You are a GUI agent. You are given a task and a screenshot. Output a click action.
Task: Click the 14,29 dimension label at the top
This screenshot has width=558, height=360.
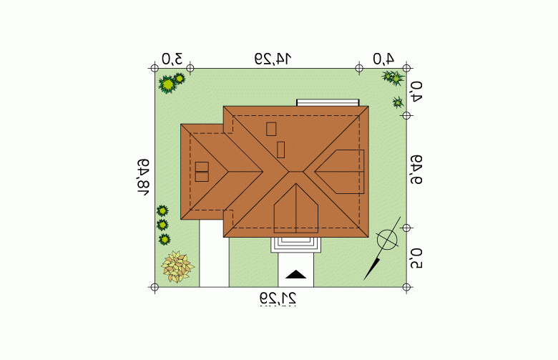coord(273,59)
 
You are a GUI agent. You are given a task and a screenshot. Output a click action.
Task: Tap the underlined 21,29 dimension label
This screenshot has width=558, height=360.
coord(278,298)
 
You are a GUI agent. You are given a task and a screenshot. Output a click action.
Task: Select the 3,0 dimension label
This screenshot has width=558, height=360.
coord(172,59)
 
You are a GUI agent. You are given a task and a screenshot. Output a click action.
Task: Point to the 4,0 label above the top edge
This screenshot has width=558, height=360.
coord(383,59)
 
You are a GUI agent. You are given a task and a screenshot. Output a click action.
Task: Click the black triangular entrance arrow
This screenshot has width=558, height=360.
coord(295,274)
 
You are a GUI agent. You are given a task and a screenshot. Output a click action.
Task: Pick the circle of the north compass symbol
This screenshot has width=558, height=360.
coord(387,240)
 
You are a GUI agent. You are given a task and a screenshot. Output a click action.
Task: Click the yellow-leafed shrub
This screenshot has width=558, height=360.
coord(177,266)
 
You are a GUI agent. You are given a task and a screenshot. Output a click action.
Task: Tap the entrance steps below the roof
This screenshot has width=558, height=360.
coord(295,245)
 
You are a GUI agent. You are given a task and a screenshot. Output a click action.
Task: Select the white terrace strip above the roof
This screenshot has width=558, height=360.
coord(328,102)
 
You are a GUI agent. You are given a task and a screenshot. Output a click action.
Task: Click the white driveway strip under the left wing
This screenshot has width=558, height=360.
coord(214,253)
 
